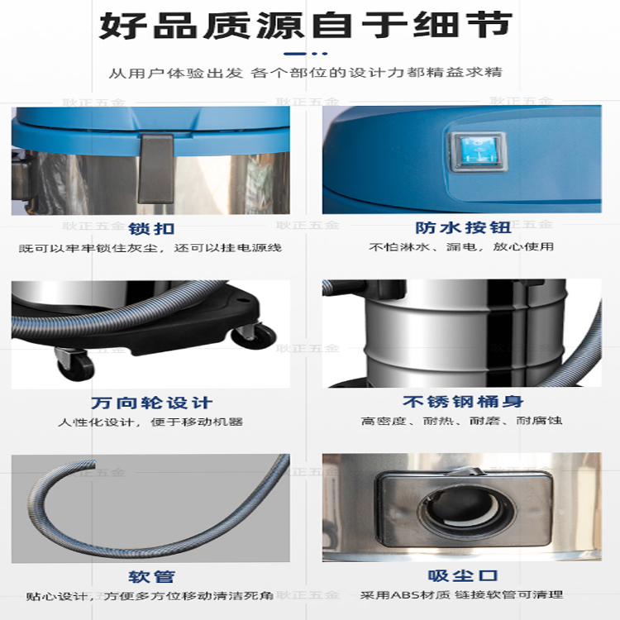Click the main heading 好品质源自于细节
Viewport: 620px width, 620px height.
point(306,26)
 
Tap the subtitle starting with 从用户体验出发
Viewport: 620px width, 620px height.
point(306,73)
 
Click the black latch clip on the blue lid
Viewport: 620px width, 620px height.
point(155,169)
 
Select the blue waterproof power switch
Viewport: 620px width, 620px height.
point(478,152)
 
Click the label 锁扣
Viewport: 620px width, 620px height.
point(151,228)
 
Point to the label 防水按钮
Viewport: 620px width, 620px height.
point(463,227)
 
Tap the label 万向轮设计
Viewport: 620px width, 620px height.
point(152,403)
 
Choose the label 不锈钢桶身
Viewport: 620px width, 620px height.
point(463,401)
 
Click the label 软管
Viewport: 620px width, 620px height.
point(151,577)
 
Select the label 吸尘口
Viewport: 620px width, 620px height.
point(463,575)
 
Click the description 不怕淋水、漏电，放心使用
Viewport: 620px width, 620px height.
point(461,247)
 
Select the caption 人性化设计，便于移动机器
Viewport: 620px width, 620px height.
point(150,422)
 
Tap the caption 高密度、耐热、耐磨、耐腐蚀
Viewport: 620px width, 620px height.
point(461,420)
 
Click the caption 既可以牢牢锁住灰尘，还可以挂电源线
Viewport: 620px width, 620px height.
point(150,248)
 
